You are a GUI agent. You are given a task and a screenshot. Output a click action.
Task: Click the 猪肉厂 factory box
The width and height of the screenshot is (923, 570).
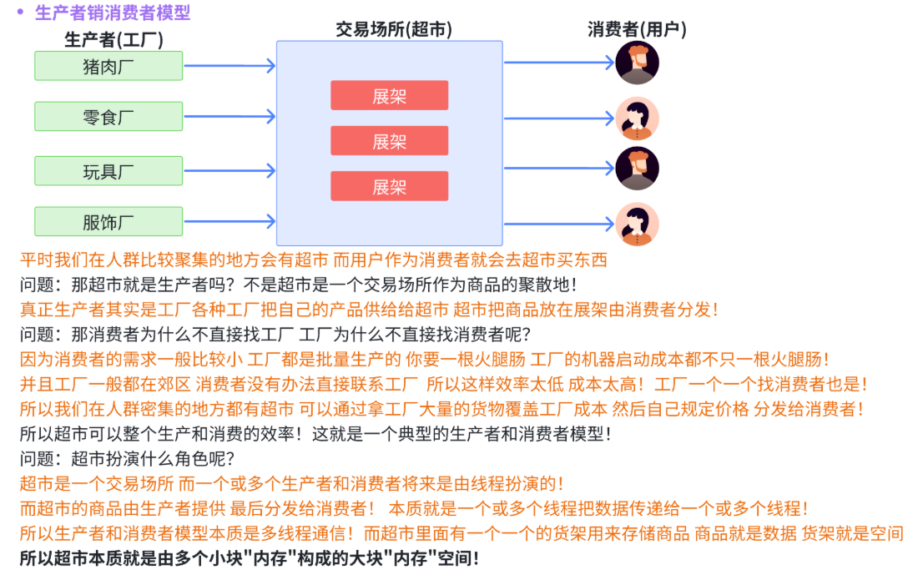point(108,66)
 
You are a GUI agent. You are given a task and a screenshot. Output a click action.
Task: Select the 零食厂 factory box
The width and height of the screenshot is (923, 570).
point(108,117)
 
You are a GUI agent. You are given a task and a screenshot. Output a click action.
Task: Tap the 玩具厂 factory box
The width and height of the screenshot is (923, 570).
point(108,171)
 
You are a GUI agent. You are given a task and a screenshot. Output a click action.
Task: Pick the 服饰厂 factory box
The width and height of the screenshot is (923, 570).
point(108,222)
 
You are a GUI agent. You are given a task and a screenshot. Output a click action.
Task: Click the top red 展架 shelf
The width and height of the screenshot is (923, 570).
point(389,95)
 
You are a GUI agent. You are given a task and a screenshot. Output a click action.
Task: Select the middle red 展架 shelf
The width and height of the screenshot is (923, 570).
point(389,141)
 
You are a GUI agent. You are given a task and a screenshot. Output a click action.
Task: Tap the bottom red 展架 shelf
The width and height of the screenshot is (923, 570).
point(389,186)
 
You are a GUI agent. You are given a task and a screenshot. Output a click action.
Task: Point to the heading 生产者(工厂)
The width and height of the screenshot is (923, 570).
point(113,39)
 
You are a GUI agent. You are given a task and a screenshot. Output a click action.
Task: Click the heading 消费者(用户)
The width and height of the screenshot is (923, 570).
point(637,29)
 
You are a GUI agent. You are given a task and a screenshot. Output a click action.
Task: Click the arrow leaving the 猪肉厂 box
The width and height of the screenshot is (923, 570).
point(229,66)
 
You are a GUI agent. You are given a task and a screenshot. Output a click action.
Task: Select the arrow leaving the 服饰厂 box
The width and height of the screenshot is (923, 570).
point(229,222)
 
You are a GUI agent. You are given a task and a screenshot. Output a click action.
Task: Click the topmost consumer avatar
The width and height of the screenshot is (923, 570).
point(637,63)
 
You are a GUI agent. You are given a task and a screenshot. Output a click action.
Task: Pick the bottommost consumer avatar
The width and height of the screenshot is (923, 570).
point(637,224)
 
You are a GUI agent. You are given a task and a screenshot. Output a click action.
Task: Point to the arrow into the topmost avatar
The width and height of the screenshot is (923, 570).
point(559,63)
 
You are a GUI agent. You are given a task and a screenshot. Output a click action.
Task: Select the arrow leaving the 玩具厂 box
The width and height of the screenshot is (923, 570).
point(229,171)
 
